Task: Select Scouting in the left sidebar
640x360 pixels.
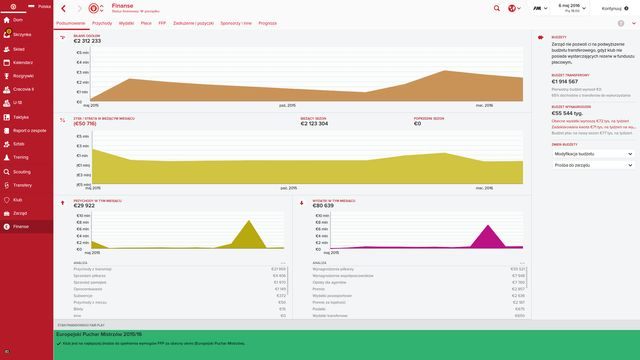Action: tap(21, 172)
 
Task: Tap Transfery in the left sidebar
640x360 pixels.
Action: tap(21, 186)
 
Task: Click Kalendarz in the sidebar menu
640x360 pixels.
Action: tap(22, 61)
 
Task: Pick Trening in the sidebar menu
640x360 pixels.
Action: tap(21, 158)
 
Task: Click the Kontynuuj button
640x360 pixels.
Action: tap(614, 7)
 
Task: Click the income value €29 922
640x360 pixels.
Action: tap(91, 205)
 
